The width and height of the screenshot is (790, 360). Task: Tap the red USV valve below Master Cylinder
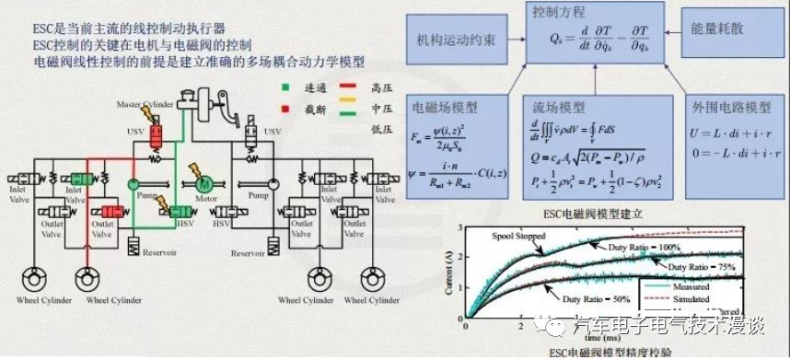click(x=157, y=139)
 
